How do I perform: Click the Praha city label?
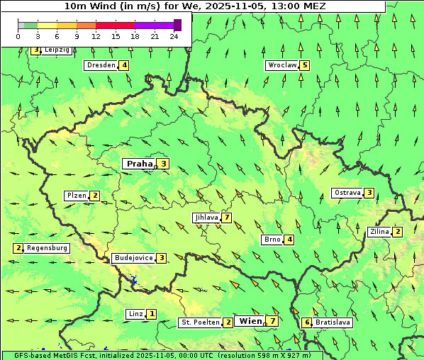[139, 164]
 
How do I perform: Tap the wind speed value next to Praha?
[164, 164]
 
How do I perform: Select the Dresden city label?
[101, 65]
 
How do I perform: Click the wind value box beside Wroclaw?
[305, 65]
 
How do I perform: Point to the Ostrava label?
[347, 193]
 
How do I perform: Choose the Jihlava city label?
[206, 218]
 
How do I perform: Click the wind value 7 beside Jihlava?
[227, 218]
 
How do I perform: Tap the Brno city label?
[272, 240]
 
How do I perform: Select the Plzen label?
[76, 196]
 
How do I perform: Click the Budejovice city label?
[133, 258]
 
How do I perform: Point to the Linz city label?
[135, 314]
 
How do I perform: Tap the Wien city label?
[250, 321]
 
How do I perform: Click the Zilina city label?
[380, 232]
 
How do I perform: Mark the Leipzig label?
[57, 50]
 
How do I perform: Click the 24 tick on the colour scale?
[174, 36]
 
